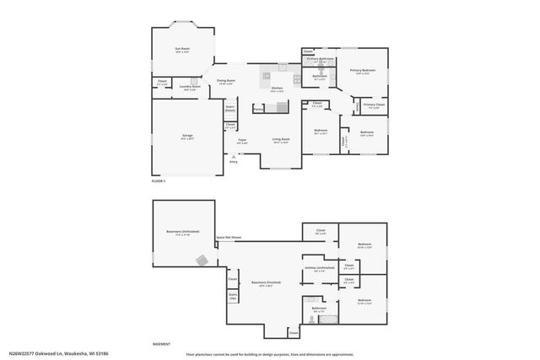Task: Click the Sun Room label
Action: [x=182, y=50]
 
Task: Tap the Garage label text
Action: [x=186, y=137]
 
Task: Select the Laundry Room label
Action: [x=190, y=86]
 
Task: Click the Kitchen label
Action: [x=277, y=88]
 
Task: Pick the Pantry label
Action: [x=259, y=109]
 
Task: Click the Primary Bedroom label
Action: [x=363, y=71]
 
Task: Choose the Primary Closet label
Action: [x=373, y=105]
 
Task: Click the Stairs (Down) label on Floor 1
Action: [x=229, y=108]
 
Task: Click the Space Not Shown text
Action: [x=229, y=238]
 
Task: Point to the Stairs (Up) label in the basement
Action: [x=233, y=297]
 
